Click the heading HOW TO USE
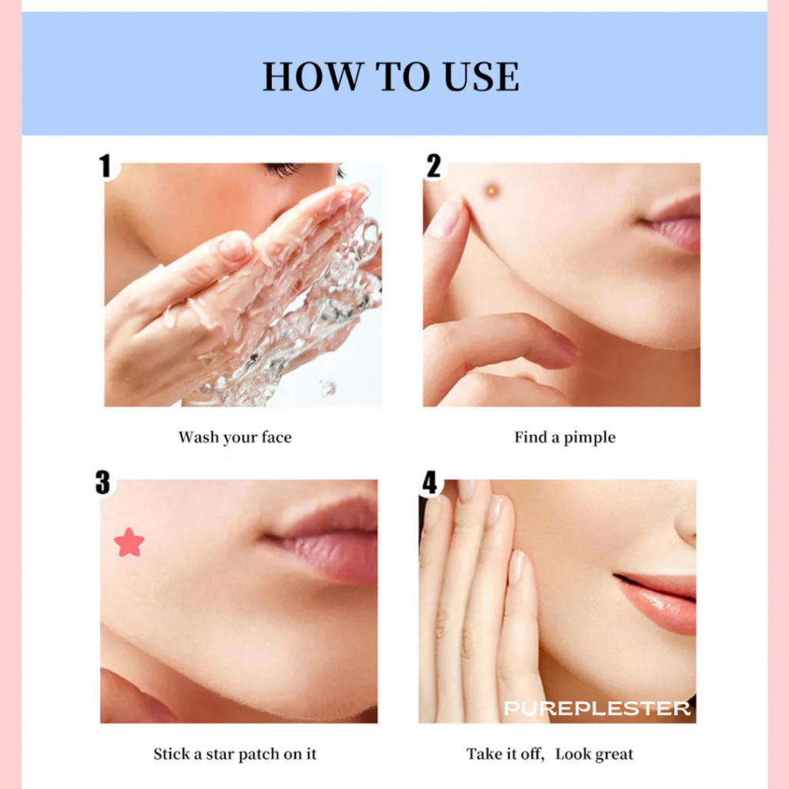391,76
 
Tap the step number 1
105,166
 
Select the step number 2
433,166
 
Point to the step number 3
102,482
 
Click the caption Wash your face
235,438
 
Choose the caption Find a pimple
565,438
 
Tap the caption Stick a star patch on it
235,754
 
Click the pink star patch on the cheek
129,543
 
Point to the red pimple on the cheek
492,191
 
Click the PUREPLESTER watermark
597,709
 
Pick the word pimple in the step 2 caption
589,438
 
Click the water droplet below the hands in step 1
328,388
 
